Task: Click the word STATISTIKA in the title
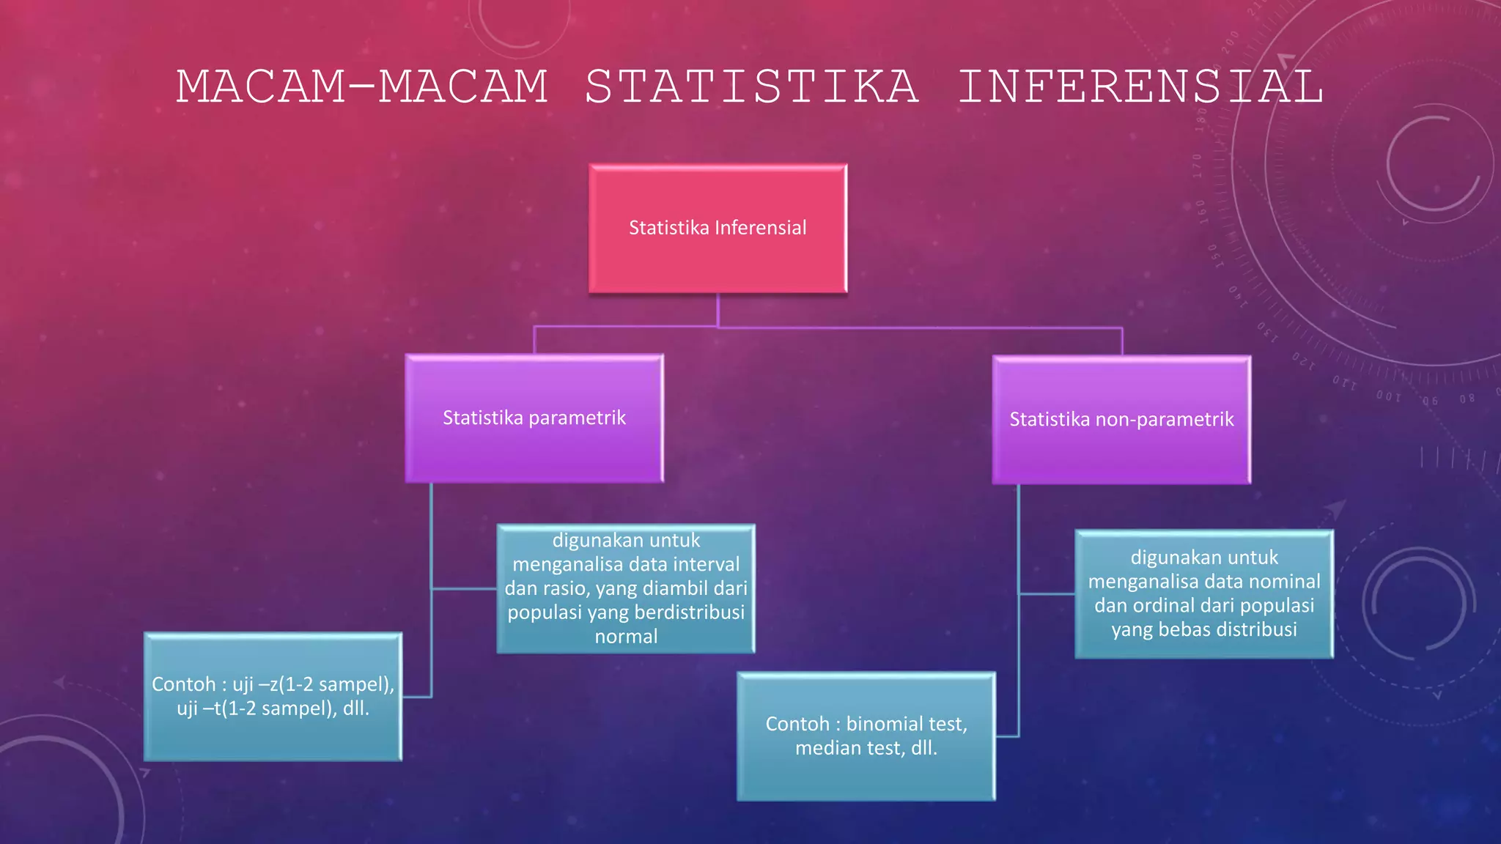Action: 751,86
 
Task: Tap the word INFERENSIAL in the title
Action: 1140,86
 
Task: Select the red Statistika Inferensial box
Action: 718,228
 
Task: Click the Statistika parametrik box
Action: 534,418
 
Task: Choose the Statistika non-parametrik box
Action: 1121,420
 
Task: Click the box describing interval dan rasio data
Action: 626,588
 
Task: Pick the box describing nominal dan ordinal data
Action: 1203,593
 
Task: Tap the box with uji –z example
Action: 273,696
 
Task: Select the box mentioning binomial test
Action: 866,736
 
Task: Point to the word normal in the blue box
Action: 626,637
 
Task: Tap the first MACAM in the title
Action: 260,86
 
